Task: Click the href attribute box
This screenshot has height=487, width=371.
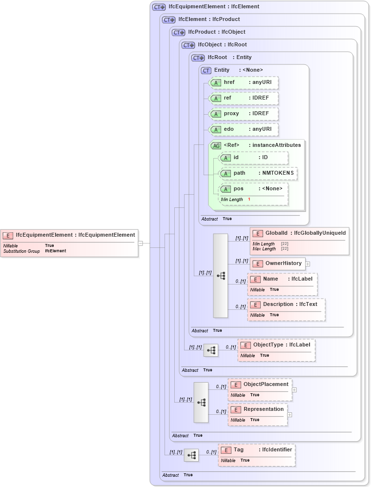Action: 244,82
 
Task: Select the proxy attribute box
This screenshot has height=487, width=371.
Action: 244,114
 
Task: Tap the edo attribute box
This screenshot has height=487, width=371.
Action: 244,129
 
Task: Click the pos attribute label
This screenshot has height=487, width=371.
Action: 238,189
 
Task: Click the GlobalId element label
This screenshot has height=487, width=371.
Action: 276,233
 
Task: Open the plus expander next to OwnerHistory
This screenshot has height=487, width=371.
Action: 308,264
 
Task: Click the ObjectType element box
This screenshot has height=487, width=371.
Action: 276,345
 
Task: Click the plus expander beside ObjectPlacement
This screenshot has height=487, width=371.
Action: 294,390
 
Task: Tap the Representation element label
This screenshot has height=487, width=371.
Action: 263,409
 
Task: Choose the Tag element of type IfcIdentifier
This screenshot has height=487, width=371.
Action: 257,450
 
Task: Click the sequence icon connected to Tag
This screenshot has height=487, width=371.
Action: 191,456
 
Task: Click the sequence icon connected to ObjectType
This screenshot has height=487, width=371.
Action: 211,350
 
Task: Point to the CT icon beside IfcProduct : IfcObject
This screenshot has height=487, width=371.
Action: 178,33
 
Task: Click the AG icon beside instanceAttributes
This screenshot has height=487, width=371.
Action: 216,145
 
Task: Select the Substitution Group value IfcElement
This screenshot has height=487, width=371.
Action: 55,251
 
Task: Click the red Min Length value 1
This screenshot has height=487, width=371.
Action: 249,200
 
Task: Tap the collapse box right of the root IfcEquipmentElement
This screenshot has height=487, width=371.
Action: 140,243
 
